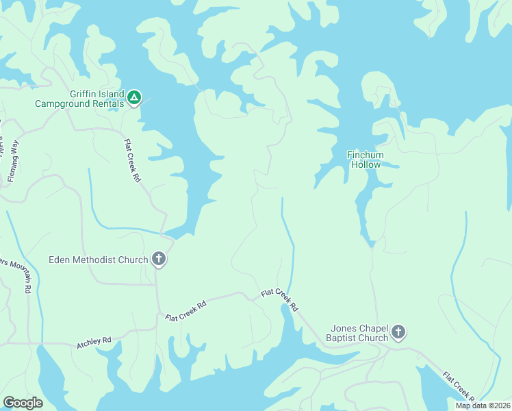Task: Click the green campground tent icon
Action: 135,99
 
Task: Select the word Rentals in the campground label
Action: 107,104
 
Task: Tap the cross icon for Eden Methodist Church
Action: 159,259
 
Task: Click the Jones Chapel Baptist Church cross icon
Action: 398,333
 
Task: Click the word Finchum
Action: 366,155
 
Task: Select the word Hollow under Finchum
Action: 366,165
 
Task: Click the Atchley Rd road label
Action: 94,340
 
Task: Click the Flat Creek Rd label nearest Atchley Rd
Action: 186,310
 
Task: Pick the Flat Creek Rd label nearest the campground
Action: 132,160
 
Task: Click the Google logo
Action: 23,403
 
